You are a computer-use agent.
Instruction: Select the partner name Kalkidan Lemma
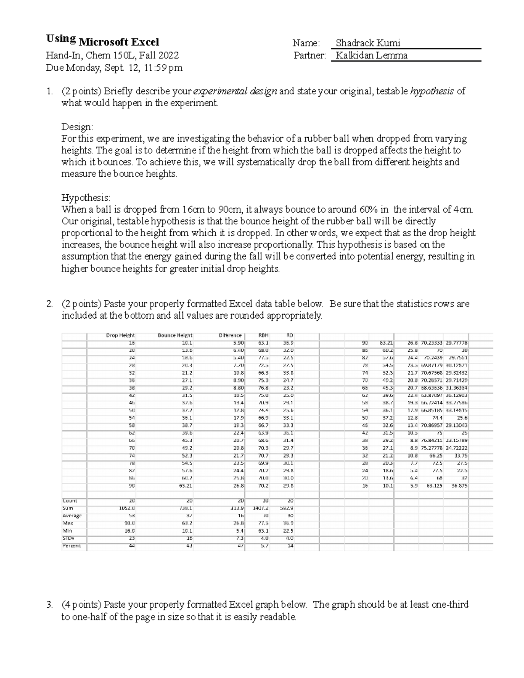coord(370,55)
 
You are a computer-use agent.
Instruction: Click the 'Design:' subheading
coord(77,127)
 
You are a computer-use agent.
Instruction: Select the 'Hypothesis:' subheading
coord(86,197)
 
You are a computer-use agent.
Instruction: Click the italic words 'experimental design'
coord(235,91)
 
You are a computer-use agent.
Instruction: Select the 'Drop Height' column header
coord(121,335)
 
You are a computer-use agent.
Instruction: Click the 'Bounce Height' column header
coord(175,335)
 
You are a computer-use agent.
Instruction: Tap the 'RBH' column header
coord(263,335)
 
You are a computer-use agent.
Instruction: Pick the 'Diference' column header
coord(230,335)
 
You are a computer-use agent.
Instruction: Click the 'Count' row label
coord(70,501)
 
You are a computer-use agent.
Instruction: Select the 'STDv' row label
coord(68,538)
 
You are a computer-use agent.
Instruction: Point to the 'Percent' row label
coord(72,546)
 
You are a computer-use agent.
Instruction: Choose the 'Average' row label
coord(72,516)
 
